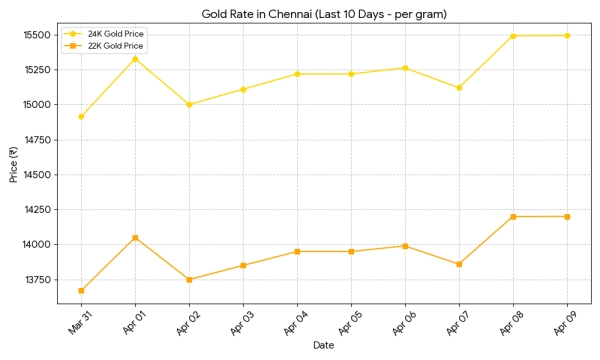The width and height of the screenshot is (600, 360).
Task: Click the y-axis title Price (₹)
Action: pyautogui.click(x=13, y=165)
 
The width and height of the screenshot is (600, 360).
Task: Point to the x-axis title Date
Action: pyautogui.click(x=324, y=347)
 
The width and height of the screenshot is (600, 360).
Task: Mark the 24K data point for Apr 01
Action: pyautogui.click(x=135, y=59)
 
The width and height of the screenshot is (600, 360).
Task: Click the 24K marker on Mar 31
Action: pyautogui.click(x=81, y=117)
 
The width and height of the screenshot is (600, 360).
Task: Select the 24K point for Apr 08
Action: pyautogui.click(x=513, y=36)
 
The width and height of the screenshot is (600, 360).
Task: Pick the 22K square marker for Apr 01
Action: pyautogui.click(x=135, y=238)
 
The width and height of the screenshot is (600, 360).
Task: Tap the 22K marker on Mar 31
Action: pyautogui.click(x=81, y=291)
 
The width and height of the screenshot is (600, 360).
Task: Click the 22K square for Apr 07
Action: pyautogui.click(x=459, y=264)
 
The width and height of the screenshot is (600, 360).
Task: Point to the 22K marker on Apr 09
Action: pyautogui.click(x=567, y=217)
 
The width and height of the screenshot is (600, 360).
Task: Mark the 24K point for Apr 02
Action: pyautogui.click(x=189, y=104)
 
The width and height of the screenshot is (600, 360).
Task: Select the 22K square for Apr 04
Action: pyautogui.click(x=297, y=252)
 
